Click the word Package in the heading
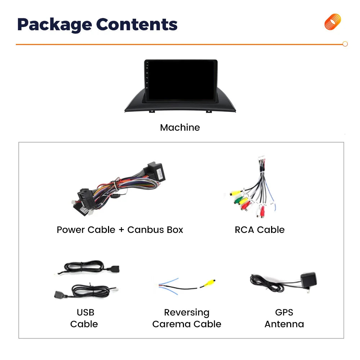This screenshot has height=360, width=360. [54, 25]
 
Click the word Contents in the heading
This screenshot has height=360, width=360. [137, 24]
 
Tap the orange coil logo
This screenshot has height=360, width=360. [332, 22]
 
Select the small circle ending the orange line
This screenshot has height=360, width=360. [345, 44]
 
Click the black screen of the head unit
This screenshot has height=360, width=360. [181, 80]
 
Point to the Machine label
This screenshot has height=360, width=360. [180, 127]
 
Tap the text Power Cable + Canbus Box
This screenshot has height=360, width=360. [120, 230]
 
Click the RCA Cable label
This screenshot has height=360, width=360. [260, 230]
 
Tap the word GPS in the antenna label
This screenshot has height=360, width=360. [284, 312]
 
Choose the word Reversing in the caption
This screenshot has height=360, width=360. [186, 312]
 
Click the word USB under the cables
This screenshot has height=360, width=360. [85, 312]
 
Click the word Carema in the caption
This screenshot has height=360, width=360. [172, 324]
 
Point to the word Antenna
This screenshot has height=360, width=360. [284, 324]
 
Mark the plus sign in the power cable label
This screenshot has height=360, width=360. [121, 230]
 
